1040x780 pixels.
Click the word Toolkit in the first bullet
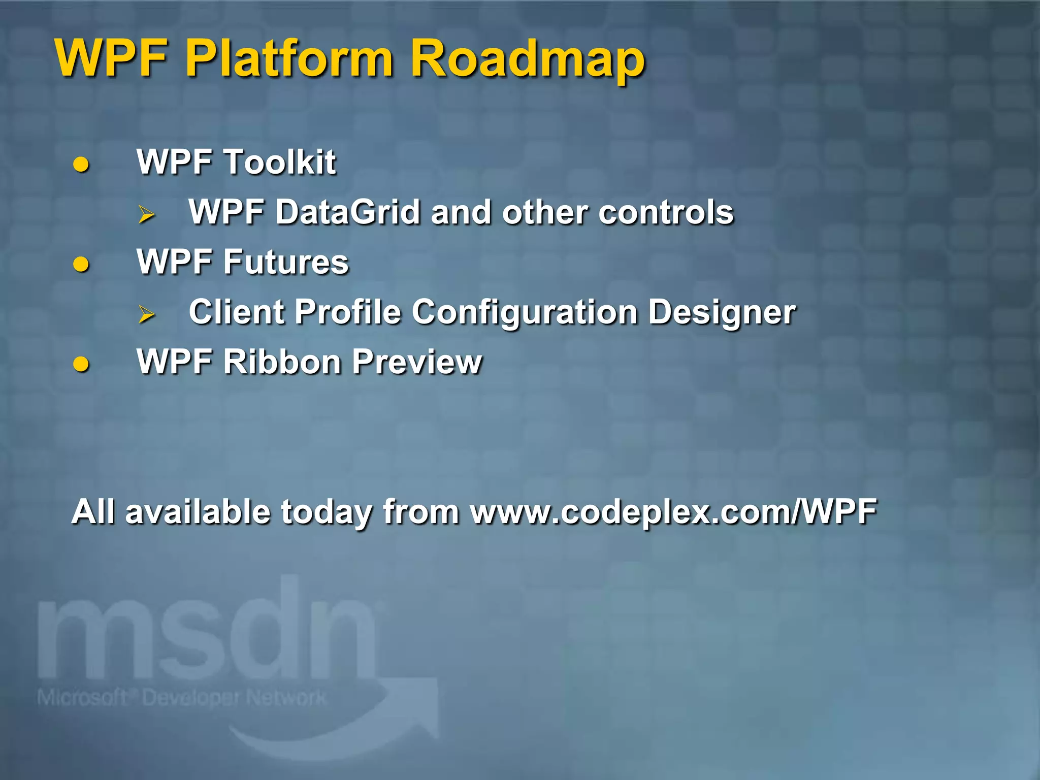click(280, 162)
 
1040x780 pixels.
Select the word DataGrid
click(348, 212)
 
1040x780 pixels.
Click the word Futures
click(286, 262)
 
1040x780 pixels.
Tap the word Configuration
click(525, 312)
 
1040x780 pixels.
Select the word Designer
click(722, 312)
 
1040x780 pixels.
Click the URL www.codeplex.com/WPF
click(673, 512)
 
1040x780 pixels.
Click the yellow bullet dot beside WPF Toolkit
click(81, 165)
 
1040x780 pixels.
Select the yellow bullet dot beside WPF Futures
click(81, 264)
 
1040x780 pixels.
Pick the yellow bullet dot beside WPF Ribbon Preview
click(81, 364)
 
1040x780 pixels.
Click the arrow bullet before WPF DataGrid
click(147, 214)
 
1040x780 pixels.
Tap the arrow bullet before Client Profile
click(147, 314)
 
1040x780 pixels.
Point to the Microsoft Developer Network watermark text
click(182, 698)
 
